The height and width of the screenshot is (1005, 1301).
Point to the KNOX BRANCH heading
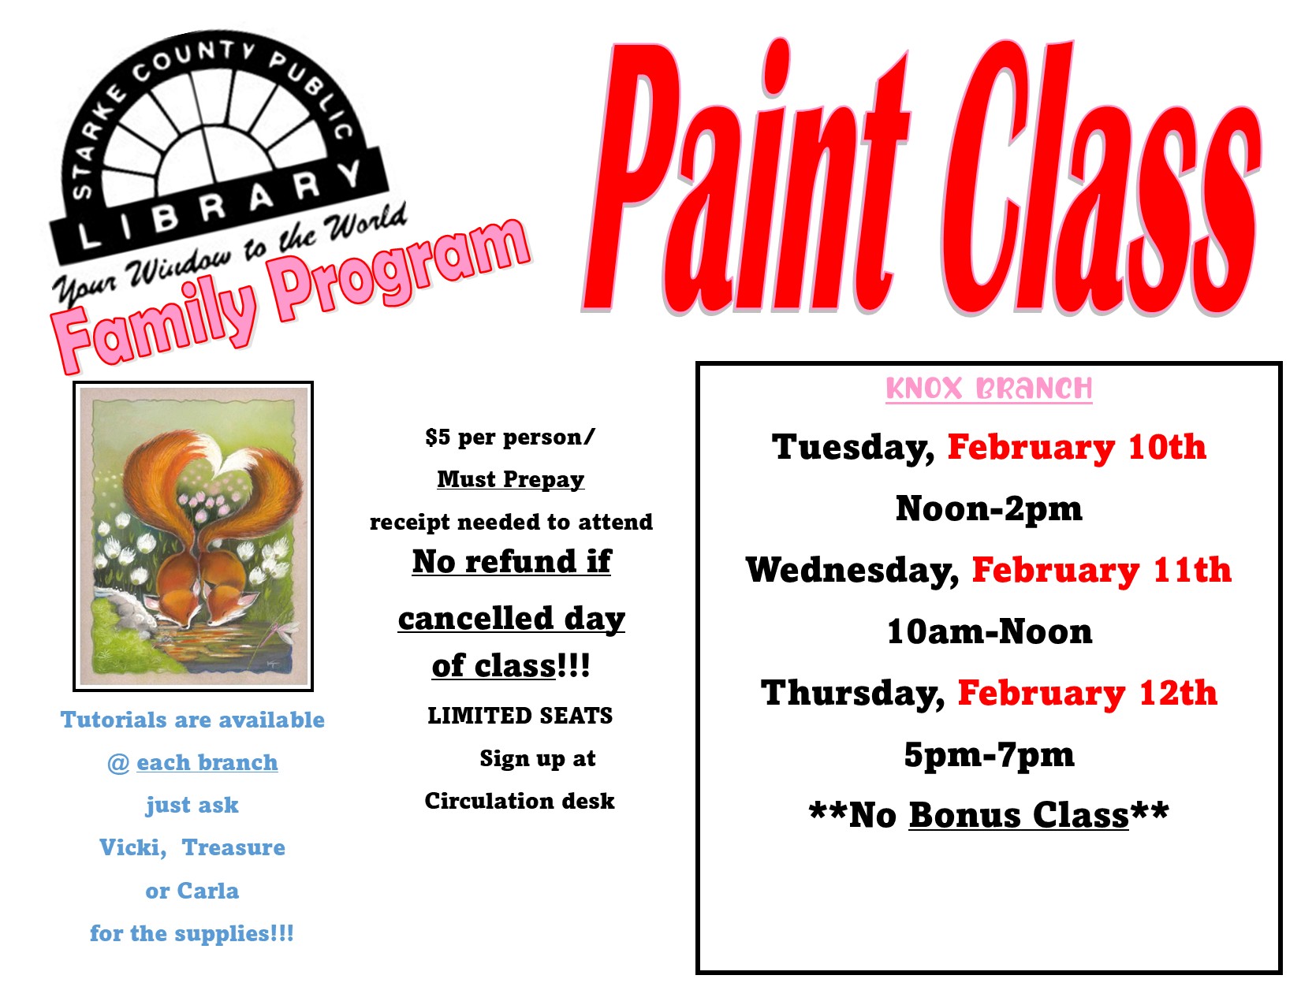point(989,389)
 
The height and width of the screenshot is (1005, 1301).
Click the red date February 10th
point(1076,447)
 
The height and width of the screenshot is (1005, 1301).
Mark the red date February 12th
point(1087,693)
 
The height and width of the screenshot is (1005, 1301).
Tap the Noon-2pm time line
point(989,508)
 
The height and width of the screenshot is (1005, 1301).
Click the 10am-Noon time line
point(990,631)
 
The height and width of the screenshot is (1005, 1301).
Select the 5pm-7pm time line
point(989,755)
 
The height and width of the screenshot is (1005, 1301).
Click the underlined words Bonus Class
point(1019,815)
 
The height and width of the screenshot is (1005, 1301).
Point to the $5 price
point(438,437)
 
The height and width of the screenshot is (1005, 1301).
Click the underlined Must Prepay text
point(511,479)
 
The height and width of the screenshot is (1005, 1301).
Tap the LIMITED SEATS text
point(520,715)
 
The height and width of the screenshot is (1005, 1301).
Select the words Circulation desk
point(520,800)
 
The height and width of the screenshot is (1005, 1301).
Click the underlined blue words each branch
point(207,762)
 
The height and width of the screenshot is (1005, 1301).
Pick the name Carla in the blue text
point(207,891)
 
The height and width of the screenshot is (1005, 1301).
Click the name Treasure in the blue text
point(233,847)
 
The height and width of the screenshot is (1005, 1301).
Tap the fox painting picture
point(193,536)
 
